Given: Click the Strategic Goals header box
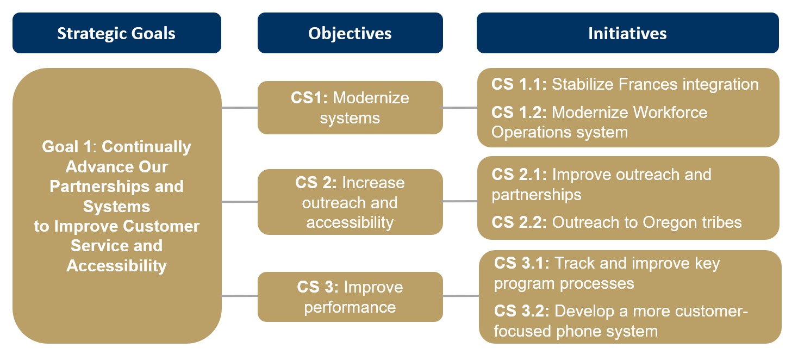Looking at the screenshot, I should (x=116, y=33).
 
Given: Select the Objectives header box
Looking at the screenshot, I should (x=350, y=33).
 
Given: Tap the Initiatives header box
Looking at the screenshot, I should (x=627, y=33).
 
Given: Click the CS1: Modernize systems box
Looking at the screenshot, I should (x=350, y=108).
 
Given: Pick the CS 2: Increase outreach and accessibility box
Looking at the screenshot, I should (x=350, y=202).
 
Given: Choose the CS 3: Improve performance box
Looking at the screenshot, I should (x=350, y=297).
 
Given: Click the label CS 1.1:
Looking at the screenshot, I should (x=519, y=84).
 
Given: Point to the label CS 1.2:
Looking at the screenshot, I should (x=519, y=113).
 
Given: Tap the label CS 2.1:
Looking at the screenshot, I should (x=519, y=175).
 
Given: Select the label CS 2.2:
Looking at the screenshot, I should (x=519, y=222).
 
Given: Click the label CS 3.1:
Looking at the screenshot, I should (x=522, y=263).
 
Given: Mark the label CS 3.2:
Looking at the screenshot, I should (x=522, y=311).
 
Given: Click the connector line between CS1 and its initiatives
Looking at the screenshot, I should (x=460, y=108).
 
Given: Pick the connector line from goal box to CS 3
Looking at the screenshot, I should (x=239, y=296).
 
